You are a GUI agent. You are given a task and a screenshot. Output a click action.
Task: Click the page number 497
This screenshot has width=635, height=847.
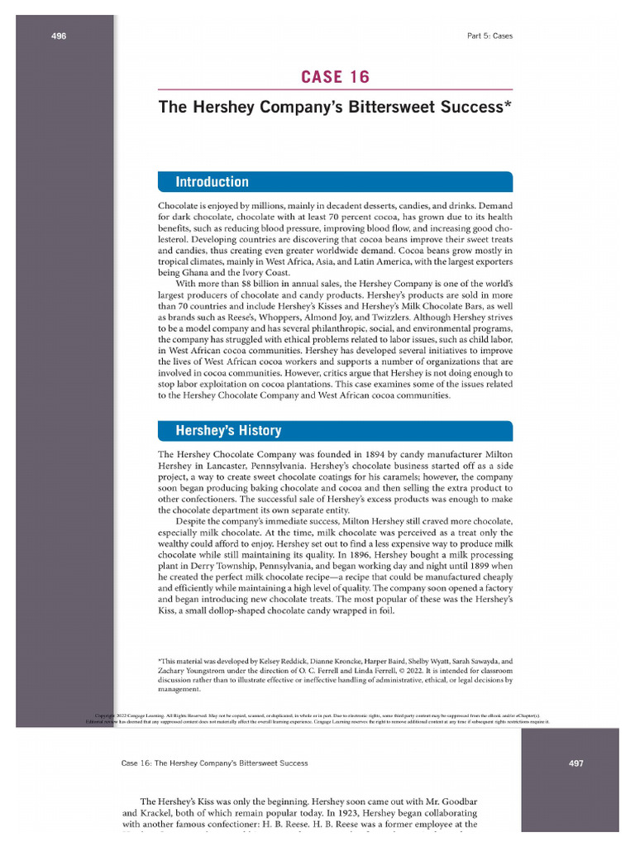tap(576, 763)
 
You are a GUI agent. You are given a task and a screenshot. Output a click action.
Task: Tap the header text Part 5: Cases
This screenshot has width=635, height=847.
tap(490, 36)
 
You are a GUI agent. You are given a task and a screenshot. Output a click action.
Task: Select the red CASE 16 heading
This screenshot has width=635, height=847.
tap(335, 78)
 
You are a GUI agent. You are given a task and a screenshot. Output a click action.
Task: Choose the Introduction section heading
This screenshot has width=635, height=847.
tap(212, 182)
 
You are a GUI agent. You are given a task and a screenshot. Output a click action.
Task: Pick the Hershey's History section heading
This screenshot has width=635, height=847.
tap(227, 430)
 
